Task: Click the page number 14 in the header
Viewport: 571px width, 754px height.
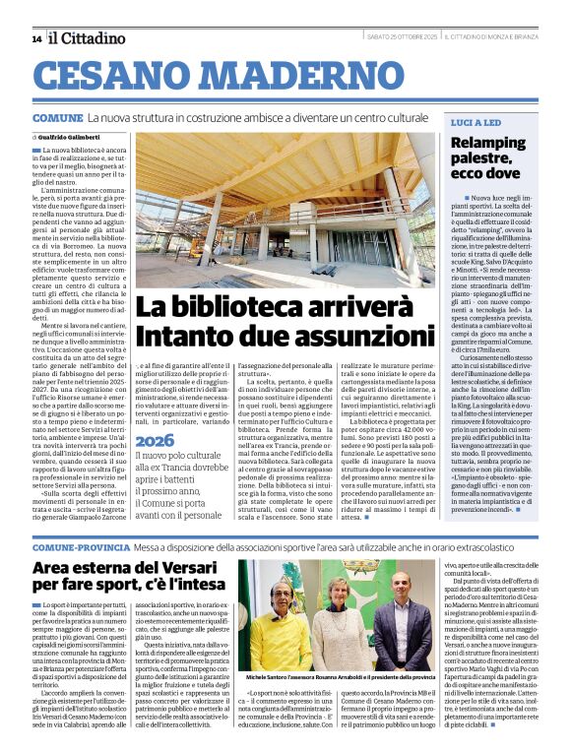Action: point(36,38)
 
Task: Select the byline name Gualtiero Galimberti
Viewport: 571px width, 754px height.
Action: point(72,136)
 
